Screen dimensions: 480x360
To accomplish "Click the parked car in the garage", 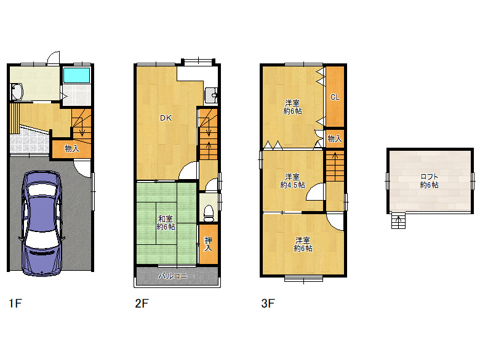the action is click(42, 223).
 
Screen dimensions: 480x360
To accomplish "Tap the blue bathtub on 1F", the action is click(76, 75).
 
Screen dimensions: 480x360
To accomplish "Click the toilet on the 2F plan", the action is click(209, 213).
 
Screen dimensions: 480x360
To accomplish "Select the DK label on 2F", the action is click(166, 118).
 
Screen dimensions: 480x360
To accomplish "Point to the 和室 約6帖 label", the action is click(166, 223).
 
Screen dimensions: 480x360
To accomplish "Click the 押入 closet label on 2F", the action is click(208, 244).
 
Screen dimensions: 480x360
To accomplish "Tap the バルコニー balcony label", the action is click(176, 276).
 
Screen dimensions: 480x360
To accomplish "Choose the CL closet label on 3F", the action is click(335, 97).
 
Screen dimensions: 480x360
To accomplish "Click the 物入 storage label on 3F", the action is click(335, 138).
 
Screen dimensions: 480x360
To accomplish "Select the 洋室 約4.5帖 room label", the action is click(292, 181).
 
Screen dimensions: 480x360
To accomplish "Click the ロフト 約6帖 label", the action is click(429, 181).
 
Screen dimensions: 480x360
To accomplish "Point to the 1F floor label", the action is click(15, 303).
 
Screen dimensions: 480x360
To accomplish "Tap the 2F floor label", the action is click(142, 303).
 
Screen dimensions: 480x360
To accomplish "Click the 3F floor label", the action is click(268, 303).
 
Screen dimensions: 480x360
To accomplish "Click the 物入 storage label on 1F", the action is click(72, 149).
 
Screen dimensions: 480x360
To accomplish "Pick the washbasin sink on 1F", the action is click(17, 92).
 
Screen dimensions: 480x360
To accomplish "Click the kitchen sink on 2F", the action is click(211, 95).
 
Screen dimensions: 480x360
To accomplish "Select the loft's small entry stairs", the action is click(399, 221).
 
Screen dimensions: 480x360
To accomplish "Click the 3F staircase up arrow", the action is click(335, 166).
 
